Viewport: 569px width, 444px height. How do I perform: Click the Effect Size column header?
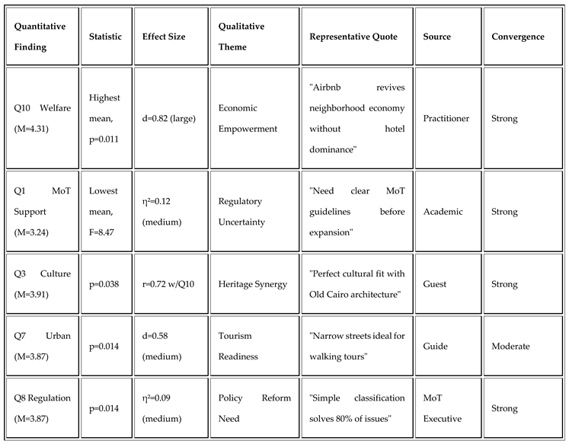164,37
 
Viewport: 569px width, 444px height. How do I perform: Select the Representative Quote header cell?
353,37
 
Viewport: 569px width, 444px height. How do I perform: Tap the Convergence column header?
518,37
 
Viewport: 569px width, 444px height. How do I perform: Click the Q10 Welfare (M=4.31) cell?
40,119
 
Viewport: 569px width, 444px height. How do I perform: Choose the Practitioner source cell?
446,118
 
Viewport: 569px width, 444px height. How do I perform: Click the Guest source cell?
435,284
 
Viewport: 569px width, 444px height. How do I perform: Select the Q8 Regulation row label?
40,407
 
